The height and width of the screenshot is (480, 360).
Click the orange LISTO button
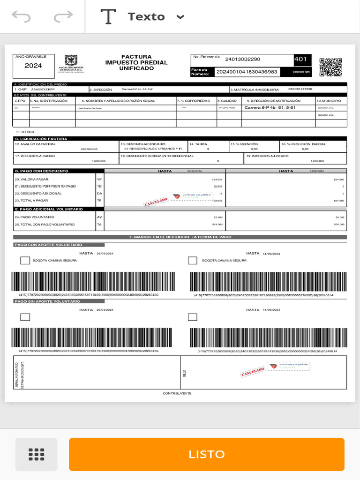pos(206,454)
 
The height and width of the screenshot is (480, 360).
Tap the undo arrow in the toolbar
pos(21,17)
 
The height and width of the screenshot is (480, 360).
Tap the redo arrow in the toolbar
pos(63,17)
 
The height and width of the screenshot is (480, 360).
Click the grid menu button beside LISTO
pos(36,454)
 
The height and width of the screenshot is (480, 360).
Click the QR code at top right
pos(330,67)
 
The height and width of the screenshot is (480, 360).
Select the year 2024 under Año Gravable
pos(33,66)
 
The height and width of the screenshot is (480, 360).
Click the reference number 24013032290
pos(242,59)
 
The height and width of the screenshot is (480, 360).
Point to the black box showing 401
pos(301,59)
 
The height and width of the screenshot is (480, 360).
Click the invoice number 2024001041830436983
pos(246,72)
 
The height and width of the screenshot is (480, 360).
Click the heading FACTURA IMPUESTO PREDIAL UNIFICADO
pos(136,62)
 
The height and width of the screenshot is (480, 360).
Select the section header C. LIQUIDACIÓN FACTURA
pos(41,139)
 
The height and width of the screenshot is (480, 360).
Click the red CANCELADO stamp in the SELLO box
pos(253,372)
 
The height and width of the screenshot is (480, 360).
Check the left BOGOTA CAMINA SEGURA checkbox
pos(25,261)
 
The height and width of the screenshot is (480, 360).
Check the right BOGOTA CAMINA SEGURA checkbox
pos(192,261)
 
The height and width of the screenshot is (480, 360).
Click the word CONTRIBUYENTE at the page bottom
pos(177,393)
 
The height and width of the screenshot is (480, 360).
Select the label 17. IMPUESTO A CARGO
pos(35,156)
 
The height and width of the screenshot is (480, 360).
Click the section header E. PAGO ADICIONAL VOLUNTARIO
pos(49,209)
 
